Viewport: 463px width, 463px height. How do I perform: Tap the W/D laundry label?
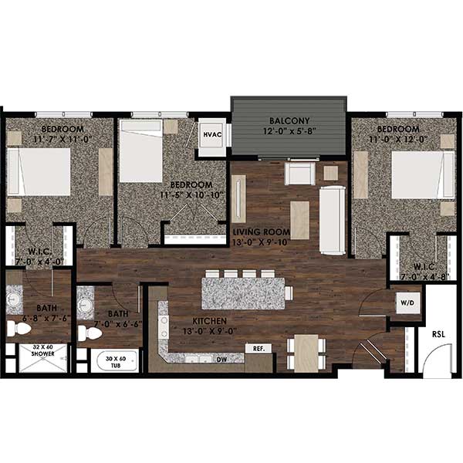pyautogui.click(x=406, y=303)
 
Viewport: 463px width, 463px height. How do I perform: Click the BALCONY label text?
pyautogui.click(x=289, y=121)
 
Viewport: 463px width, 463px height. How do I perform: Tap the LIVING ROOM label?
pyautogui.click(x=262, y=231)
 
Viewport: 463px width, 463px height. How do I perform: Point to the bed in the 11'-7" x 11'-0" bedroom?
pyautogui.click(x=39, y=171)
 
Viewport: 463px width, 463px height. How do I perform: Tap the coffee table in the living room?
pyautogui.click(x=299, y=219)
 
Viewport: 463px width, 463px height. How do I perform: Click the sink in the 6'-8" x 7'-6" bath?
pyautogui.click(x=15, y=297)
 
